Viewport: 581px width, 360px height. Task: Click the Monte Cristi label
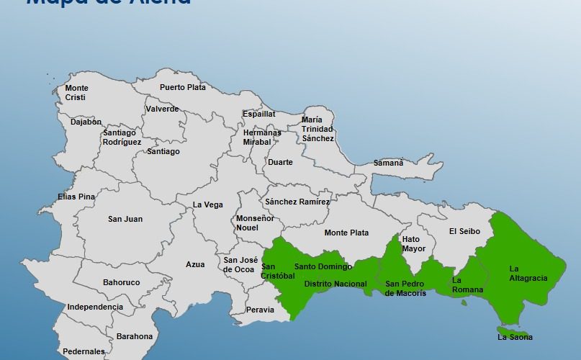(76, 93)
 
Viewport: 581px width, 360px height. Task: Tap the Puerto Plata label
(183, 88)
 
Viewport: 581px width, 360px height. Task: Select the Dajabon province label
(86, 122)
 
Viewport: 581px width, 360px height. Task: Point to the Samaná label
(388, 163)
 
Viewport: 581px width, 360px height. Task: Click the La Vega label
(208, 205)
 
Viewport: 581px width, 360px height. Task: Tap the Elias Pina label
(76, 197)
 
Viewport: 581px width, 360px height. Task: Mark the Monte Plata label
(346, 233)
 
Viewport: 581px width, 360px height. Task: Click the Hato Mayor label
(414, 244)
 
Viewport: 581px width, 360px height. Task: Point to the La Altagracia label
(528, 274)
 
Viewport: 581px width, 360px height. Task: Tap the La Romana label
(467, 285)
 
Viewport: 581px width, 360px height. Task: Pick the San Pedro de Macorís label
(405, 288)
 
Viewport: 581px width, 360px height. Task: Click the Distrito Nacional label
(335, 284)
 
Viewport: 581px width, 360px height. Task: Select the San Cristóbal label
(278, 271)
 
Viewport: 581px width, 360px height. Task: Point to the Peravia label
(260, 310)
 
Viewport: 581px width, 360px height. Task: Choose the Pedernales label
(84, 352)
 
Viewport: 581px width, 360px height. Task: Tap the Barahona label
(135, 336)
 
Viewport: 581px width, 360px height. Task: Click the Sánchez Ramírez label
(297, 202)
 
